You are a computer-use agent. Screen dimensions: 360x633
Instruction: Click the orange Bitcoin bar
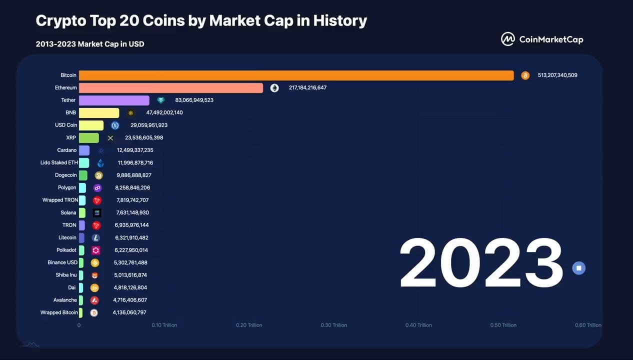click(296, 75)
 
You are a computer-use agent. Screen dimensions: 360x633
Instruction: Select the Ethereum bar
click(170, 88)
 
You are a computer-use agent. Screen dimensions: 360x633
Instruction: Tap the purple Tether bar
click(114, 100)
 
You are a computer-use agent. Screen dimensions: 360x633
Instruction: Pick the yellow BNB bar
click(99, 113)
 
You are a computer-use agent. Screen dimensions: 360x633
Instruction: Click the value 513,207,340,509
click(557, 75)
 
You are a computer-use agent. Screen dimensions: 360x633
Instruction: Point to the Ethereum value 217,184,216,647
click(307, 88)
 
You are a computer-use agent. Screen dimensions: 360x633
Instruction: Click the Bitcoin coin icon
click(525, 75)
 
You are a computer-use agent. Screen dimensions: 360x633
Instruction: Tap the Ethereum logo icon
click(274, 88)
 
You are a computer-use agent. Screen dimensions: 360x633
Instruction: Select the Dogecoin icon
click(98, 175)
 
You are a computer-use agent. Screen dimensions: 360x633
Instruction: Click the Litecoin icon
click(95, 238)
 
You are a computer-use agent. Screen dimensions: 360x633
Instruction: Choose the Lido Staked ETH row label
click(58, 163)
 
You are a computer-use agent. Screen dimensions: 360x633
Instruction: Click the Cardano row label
click(67, 150)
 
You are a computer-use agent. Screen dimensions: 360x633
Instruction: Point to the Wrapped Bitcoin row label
click(59, 312)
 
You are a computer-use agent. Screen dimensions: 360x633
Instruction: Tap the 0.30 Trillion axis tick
click(333, 325)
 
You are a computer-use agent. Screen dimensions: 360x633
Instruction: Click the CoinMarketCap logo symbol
click(508, 39)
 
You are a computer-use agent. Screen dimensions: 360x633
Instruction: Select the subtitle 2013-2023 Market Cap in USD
click(90, 44)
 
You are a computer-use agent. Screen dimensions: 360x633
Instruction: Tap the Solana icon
click(97, 213)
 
